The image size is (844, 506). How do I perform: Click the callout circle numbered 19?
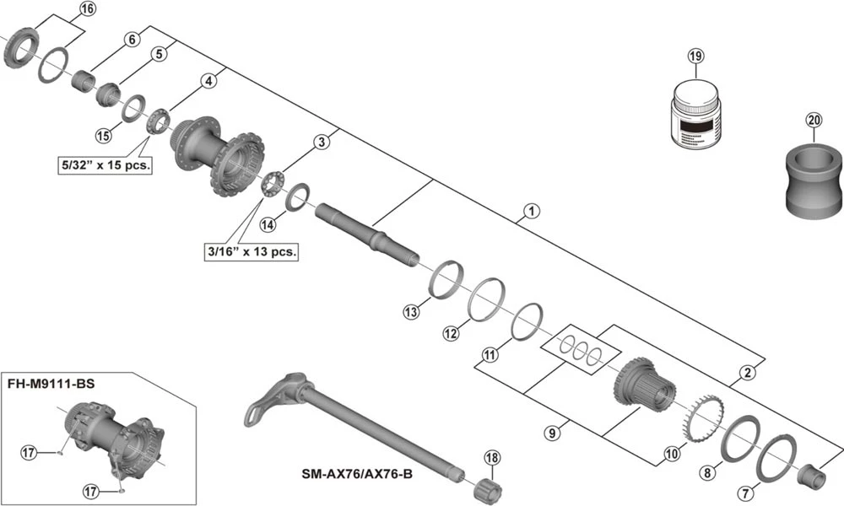click(x=695, y=57)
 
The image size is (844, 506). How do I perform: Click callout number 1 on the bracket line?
click(x=530, y=212)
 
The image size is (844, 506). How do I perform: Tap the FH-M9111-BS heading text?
click(x=51, y=383)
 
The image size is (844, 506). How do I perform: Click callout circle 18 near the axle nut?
click(x=493, y=458)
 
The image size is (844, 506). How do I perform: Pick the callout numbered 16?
click(x=88, y=10)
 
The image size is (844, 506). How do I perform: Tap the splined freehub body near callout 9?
click(x=646, y=387)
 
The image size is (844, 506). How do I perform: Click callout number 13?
click(x=411, y=313)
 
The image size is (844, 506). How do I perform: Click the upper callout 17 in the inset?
click(x=30, y=453)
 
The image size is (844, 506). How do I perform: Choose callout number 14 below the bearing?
click(x=268, y=224)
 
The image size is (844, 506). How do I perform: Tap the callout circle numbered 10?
click(x=671, y=454)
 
